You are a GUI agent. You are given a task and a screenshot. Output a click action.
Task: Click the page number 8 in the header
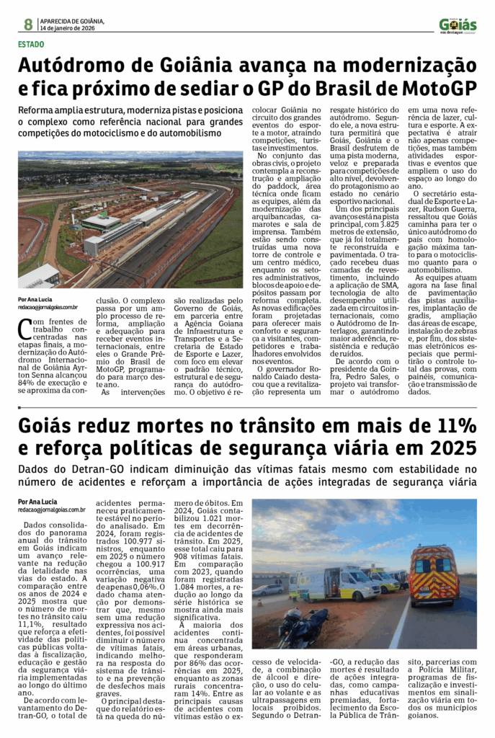coord(28,24)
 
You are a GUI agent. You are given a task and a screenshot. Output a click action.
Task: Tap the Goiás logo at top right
coord(458,25)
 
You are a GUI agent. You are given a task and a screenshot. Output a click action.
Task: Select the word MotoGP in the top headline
coord(440,89)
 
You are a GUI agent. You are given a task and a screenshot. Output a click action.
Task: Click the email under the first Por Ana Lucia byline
coord(50,306)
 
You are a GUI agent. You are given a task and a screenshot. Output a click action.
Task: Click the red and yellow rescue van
coord(433,574)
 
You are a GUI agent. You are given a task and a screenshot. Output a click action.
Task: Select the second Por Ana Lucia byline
coord(37,502)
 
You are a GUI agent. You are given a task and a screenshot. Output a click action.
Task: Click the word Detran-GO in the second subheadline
coord(92,469)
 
